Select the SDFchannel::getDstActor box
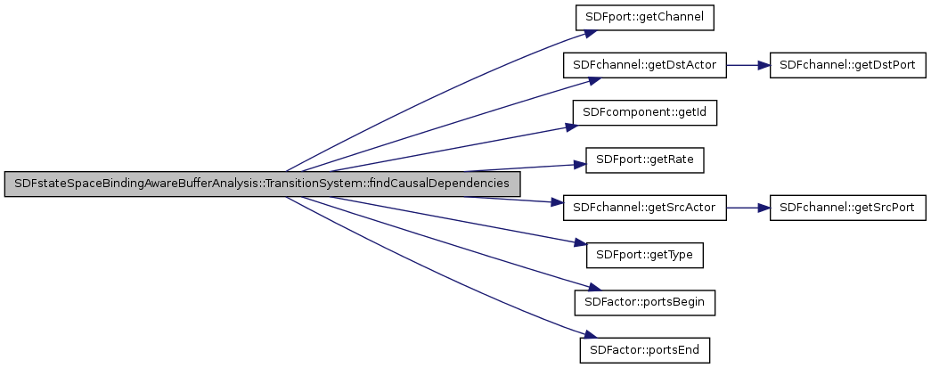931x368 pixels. click(x=645, y=66)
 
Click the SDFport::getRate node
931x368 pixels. click(x=645, y=160)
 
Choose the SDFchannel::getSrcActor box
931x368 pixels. click(x=645, y=208)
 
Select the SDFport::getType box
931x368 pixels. click(x=645, y=255)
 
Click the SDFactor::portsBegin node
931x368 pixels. click(x=645, y=302)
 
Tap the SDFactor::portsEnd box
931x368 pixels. click(x=645, y=349)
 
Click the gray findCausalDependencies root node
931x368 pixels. click(x=262, y=184)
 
